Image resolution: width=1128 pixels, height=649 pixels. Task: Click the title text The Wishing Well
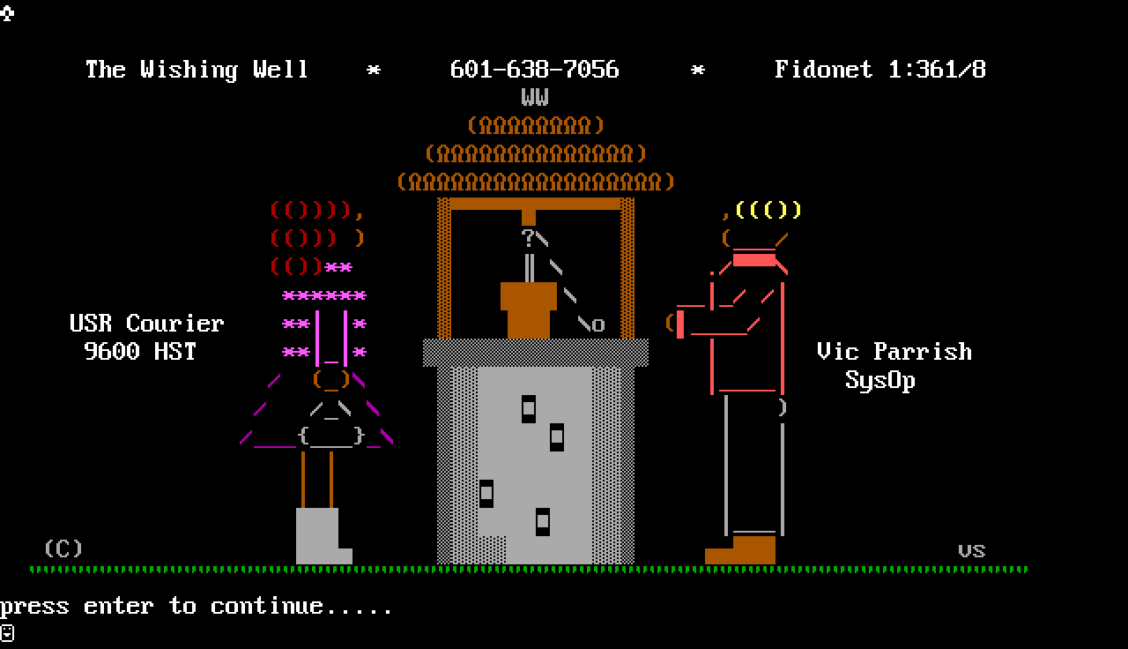click(x=197, y=70)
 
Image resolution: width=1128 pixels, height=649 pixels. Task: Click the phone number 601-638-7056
click(x=534, y=70)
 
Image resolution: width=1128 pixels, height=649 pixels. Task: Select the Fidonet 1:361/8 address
click(x=879, y=70)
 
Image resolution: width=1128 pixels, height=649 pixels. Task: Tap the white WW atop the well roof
click(x=535, y=97)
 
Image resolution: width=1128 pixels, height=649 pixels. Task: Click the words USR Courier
click(x=147, y=324)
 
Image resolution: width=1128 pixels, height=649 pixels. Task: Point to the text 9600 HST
click(x=140, y=352)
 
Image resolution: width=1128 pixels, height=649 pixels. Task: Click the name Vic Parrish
click(x=894, y=352)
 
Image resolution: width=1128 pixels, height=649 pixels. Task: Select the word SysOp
click(x=879, y=380)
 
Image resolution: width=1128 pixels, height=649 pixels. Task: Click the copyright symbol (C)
click(x=63, y=548)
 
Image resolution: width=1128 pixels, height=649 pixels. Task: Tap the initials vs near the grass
click(x=971, y=550)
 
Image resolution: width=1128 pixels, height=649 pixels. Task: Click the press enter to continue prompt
click(x=196, y=606)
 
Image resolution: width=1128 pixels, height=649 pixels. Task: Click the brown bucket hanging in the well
click(x=528, y=310)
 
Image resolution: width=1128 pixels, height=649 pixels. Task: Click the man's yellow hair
click(x=768, y=210)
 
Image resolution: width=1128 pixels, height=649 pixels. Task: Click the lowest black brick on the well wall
click(x=543, y=521)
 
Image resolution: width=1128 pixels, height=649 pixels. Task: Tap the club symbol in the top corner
click(x=7, y=12)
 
